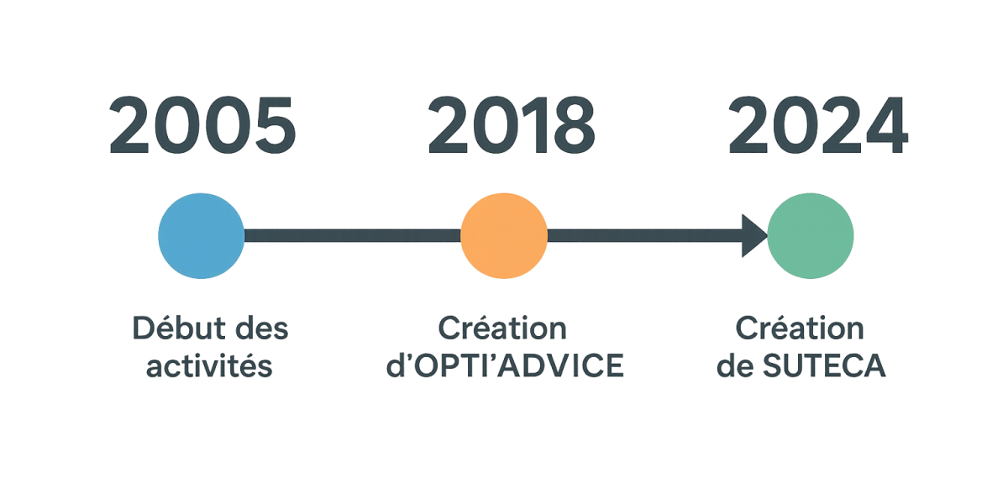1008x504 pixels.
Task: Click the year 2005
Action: point(202,124)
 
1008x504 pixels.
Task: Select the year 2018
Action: point(512,124)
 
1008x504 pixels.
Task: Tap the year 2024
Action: point(818,124)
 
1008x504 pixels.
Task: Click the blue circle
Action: point(201,236)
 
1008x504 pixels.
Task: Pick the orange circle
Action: point(504,236)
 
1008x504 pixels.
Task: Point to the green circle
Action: point(811,236)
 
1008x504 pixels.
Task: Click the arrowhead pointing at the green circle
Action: point(754,236)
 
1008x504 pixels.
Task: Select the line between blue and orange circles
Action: point(352,236)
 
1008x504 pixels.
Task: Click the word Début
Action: point(179,328)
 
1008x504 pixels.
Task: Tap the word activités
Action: point(209,365)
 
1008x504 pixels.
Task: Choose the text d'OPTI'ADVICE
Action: point(505,365)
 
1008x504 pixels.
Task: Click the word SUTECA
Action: point(824,365)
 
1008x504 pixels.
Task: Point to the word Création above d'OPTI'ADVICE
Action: point(502,328)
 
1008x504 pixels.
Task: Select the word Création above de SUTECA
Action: point(800,328)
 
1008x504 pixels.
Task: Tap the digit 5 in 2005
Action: point(276,125)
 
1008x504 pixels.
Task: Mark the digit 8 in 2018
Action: point(575,124)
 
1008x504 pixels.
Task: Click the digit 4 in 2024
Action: point(886,124)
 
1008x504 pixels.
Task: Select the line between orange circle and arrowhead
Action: point(645,236)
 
